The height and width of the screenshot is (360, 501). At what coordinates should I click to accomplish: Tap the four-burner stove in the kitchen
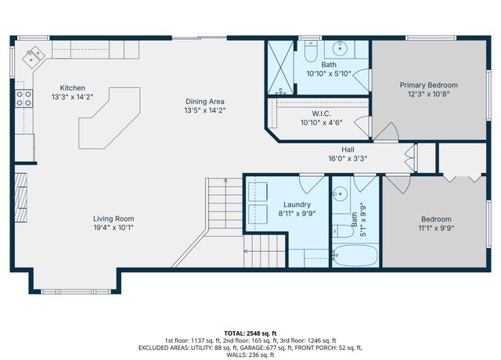pos(24,98)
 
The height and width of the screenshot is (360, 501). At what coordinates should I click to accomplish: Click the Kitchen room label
pos(73,88)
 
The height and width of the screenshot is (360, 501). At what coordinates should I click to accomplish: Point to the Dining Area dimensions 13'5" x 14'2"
pos(205,110)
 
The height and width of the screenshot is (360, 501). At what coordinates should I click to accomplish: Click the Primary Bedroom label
pos(428,85)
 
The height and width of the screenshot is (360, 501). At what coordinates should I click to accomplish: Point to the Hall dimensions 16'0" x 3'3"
pos(348,158)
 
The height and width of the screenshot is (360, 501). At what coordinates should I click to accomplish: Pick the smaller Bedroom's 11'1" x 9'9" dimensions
pos(436,229)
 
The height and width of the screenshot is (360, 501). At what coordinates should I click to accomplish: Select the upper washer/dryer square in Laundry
pos(259,193)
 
